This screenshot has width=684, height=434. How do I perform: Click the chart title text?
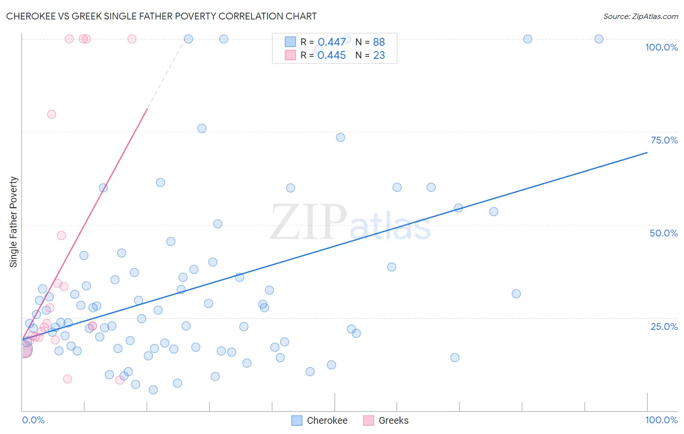click(161, 16)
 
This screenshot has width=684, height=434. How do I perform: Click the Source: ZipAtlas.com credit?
click(640, 16)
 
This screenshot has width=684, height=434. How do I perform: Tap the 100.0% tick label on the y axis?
click(661, 47)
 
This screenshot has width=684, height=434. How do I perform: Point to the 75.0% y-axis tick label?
click(664, 140)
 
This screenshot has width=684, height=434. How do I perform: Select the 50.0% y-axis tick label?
click(664, 233)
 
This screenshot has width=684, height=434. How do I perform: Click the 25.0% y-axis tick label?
click(664, 326)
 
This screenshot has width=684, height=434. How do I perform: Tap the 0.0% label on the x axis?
click(33, 420)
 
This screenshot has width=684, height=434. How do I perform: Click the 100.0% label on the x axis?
click(661, 420)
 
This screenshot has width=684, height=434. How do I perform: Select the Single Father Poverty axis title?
click(13, 222)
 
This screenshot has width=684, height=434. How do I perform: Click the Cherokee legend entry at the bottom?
click(327, 420)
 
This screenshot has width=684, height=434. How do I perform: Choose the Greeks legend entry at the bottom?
click(393, 420)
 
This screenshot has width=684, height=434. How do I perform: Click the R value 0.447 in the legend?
click(332, 42)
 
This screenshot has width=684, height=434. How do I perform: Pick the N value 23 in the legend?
click(379, 55)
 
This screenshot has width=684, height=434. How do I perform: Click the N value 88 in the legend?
click(379, 42)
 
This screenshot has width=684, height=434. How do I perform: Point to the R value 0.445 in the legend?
click(332, 55)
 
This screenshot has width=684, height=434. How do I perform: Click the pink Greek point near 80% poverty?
click(52, 114)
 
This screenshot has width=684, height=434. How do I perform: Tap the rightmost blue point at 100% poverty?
click(599, 39)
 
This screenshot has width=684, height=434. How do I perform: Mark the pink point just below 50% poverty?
click(61, 235)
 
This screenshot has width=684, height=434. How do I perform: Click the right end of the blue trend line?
click(647, 153)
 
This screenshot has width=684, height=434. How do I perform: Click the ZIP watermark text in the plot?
click(308, 222)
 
